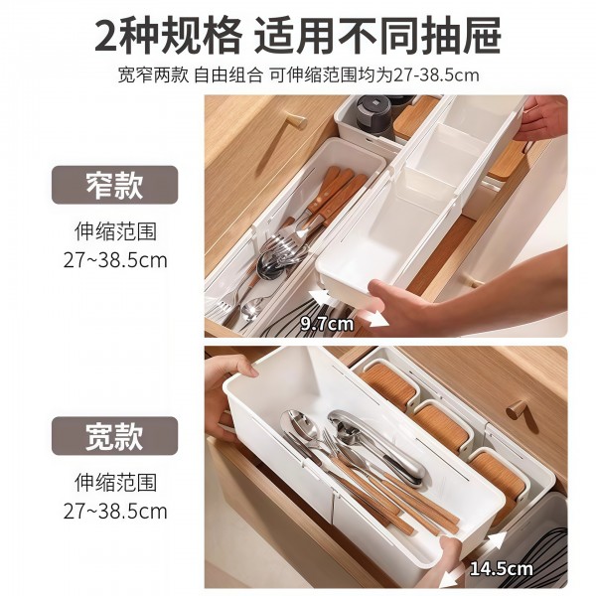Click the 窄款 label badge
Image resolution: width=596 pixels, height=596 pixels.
114,184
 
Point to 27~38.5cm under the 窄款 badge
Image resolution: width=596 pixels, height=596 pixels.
114,260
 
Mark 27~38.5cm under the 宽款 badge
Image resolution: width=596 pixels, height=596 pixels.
114,512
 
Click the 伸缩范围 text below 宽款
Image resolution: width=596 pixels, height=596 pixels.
114,483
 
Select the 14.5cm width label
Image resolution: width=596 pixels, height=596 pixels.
502,569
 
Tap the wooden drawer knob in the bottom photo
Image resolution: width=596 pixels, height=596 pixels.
518,409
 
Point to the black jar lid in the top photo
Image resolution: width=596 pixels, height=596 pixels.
374,104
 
